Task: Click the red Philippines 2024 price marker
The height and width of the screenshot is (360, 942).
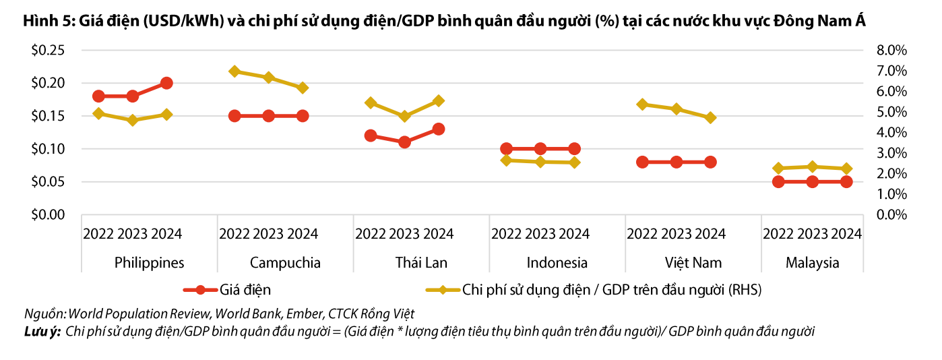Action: coord(166,83)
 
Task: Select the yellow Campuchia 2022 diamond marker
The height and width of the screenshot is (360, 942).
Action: coord(234,71)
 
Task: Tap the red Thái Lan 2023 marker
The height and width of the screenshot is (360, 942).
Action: coord(404,142)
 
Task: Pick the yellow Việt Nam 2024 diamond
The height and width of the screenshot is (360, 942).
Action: coord(710,117)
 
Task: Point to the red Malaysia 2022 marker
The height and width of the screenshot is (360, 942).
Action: coord(778,181)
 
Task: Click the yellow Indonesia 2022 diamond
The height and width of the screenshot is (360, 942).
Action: coord(507,160)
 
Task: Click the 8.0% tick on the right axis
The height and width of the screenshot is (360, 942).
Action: coord(891,51)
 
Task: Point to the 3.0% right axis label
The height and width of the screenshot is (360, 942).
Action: coord(891,153)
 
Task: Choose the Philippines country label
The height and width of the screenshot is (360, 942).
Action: coord(149,263)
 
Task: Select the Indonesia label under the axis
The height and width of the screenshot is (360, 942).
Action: coord(557,263)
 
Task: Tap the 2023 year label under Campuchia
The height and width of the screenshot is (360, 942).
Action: coord(268,234)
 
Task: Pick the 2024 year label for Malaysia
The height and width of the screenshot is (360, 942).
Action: coord(846,234)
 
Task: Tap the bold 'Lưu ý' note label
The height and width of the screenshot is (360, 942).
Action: coord(42,331)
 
